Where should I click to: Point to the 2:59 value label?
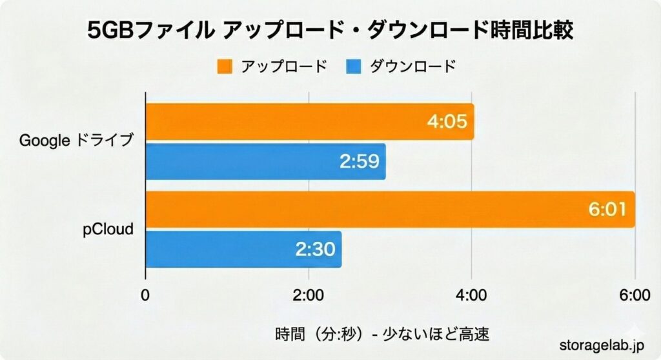pos(359,161)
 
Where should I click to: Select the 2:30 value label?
pos(315,249)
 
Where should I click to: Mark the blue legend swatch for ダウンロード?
pos(353,66)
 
